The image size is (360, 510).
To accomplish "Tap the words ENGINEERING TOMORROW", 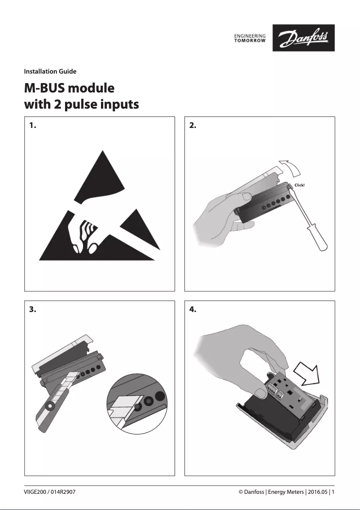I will click(x=250, y=38).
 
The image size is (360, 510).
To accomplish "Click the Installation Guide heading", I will click(x=50, y=71).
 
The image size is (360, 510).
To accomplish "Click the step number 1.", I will click(x=32, y=126).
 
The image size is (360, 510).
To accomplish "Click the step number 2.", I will click(x=193, y=126).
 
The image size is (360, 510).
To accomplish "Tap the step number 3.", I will click(x=32, y=309).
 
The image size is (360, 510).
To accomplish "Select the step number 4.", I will click(x=193, y=309).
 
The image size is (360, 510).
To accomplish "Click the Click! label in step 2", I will click(x=299, y=185).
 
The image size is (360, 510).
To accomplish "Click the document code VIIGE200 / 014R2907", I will click(x=50, y=492).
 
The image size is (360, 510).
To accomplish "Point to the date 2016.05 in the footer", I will click(x=318, y=492).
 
